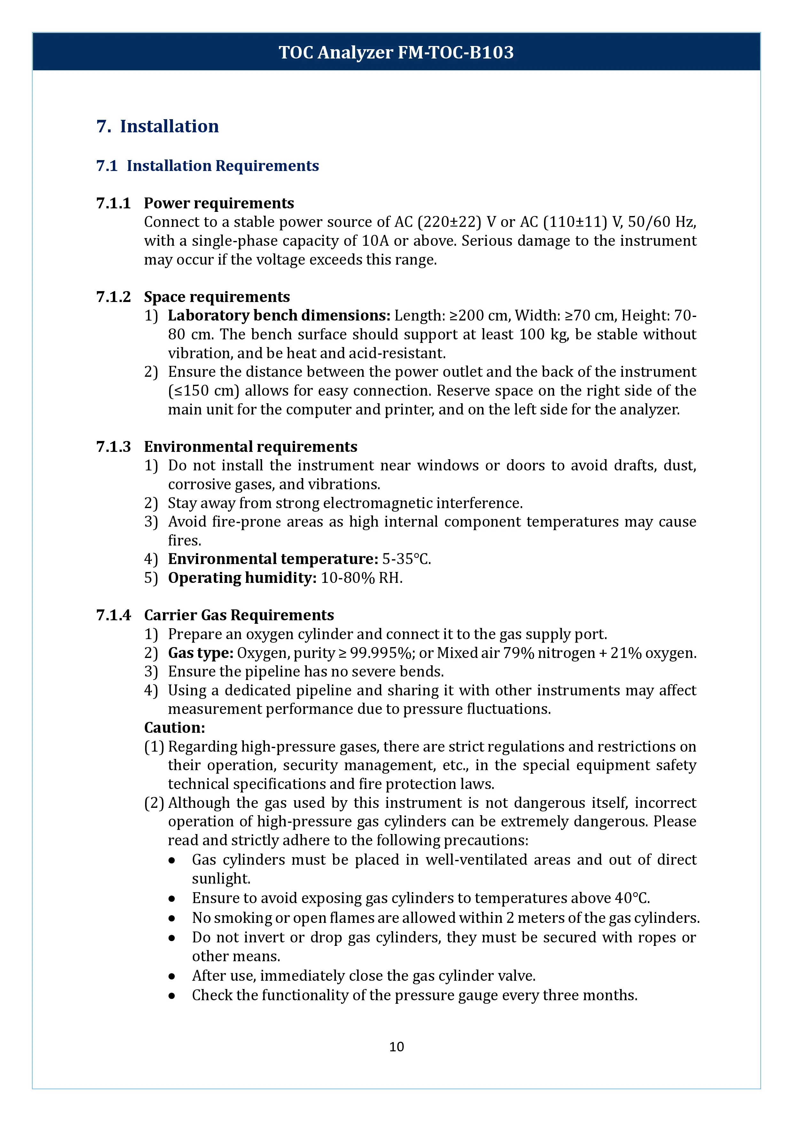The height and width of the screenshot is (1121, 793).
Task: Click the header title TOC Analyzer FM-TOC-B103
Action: click(396, 52)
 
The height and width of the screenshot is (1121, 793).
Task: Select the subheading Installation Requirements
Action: click(223, 166)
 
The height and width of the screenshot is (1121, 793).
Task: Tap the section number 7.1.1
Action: click(113, 203)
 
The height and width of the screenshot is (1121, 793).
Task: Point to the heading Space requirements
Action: click(217, 297)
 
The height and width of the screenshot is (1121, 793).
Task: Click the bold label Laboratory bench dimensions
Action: click(279, 315)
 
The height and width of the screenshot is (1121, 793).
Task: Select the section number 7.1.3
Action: click(113, 447)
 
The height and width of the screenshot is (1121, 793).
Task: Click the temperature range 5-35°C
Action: click(406, 559)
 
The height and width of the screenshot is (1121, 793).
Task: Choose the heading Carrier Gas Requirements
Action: click(239, 615)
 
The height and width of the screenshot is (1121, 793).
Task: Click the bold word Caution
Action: click(174, 728)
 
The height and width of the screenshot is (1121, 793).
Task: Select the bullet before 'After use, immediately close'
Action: click(172, 976)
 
